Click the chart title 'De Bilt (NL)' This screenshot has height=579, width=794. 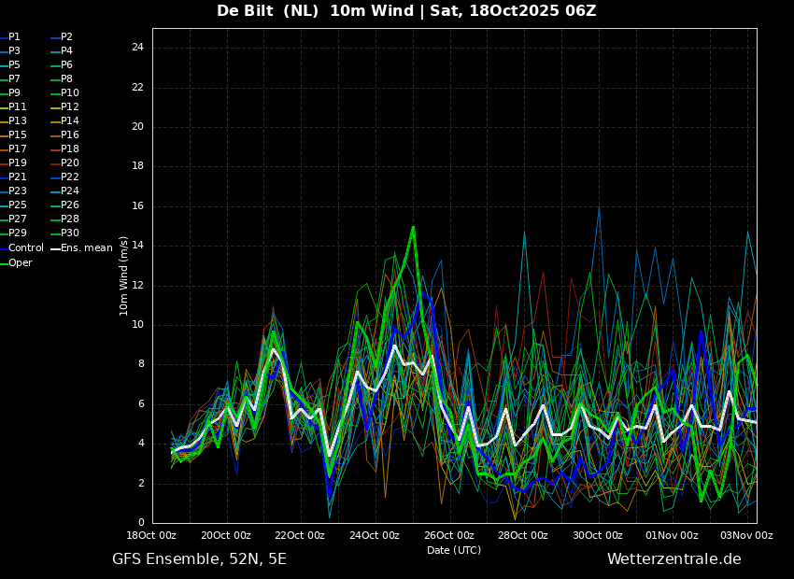tap(268, 10)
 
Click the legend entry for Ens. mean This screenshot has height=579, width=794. tap(82, 248)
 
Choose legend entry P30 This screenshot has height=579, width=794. tap(65, 233)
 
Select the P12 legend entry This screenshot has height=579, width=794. tap(65, 106)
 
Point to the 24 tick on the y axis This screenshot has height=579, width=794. tap(137, 48)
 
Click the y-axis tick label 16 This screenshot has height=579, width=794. tap(137, 206)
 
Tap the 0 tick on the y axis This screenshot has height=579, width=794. tap(141, 523)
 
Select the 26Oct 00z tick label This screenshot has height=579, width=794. tap(450, 535)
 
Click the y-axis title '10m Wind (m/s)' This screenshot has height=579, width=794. tap(124, 275)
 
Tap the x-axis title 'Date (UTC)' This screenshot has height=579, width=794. tap(454, 550)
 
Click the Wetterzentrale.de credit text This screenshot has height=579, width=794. tap(674, 559)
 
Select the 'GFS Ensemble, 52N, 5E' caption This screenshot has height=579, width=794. tap(199, 559)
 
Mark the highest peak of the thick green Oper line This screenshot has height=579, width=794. tap(413, 227)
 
